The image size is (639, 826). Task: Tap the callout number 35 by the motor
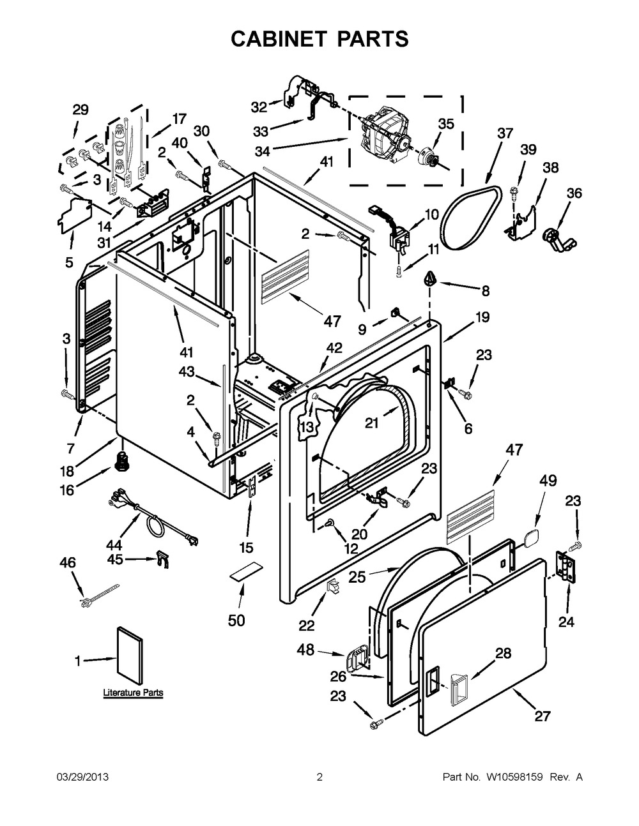pyautogui.click(x=445, y=124)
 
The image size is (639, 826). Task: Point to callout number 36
pyautogui.click(x=574, y=193)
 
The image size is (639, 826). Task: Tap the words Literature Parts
pyautogui.click(x=133, y=693)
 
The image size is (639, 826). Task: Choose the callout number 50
pyautogui.click(x=236, y=620)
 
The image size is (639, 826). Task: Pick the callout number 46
pyautogui.click(x=68, y=562)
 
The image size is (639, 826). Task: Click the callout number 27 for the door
pyautogui.click(x=542, y=716)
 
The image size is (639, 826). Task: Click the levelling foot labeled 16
pyautogui.click(x=119, y=461)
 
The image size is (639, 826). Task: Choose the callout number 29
pyautogui.click(x=81, y=110)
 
